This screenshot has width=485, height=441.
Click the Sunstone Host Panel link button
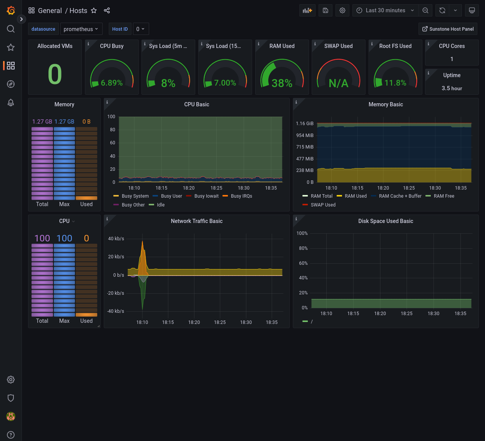click(448, 29)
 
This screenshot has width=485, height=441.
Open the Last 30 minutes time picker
click(385, 10)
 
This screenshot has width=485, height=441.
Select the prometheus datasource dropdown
click(81, 29)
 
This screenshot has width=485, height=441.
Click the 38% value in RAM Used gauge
click(282, 83)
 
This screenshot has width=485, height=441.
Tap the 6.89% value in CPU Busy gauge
click(111, 83)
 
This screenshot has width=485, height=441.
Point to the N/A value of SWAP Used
click(338, 83)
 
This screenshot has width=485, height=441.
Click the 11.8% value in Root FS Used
click(395, 83)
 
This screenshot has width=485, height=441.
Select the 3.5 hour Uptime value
click(452, 88)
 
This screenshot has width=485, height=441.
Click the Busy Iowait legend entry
click(206, 196)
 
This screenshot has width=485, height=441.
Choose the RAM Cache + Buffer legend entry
click(400, 196)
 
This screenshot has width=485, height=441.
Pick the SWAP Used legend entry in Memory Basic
click(323, 205)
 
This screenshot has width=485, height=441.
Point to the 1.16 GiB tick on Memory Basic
click(305, 124)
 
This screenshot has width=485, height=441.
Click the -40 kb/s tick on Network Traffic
click(116, 311)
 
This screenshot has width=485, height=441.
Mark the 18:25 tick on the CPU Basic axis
click(216, 188)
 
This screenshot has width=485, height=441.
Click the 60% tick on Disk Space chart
click(303, 263)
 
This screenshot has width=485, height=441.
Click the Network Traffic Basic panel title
click(196, 221)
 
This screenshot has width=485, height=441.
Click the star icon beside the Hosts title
click(94, 11)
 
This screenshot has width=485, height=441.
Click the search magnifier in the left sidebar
click(11, 29)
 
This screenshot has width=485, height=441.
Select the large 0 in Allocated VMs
click(55, 74)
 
